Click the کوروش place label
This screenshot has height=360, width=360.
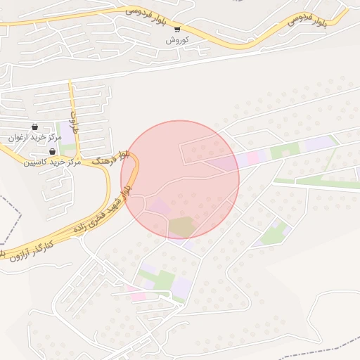(178, 40)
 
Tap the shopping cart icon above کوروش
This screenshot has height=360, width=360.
(177, 30)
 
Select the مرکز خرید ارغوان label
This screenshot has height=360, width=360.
(31, 138)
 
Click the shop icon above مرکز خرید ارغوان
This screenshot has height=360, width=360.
(35, 127)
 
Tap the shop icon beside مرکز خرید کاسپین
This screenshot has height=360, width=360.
(52, 151)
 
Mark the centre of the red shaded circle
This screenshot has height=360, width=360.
(180, 179)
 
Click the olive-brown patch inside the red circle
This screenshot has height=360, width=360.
(182, 227)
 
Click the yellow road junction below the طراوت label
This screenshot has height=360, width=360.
(79, 155)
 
